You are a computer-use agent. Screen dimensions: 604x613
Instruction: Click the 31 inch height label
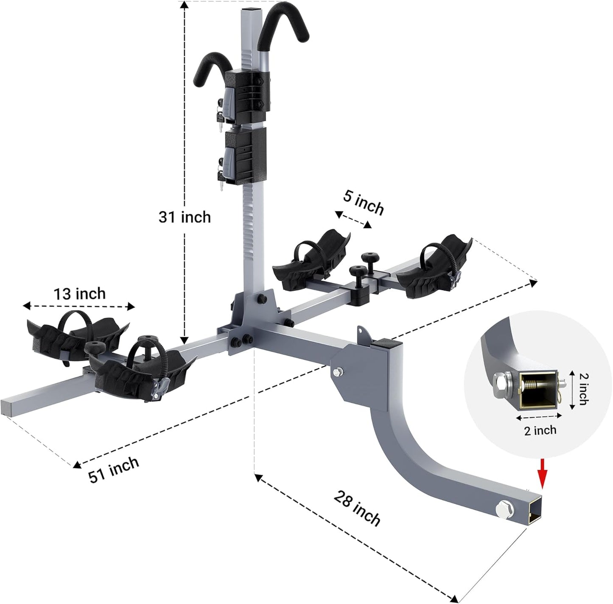(x=185, y=217)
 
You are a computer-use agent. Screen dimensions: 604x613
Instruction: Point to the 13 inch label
(x=80, y=293)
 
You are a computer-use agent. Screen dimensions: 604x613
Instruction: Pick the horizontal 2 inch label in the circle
(x=540, y=430)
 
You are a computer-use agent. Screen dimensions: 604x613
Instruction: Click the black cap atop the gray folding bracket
(x=383, y=344)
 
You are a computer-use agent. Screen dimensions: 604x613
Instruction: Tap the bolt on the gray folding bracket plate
(x=338, y=372)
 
